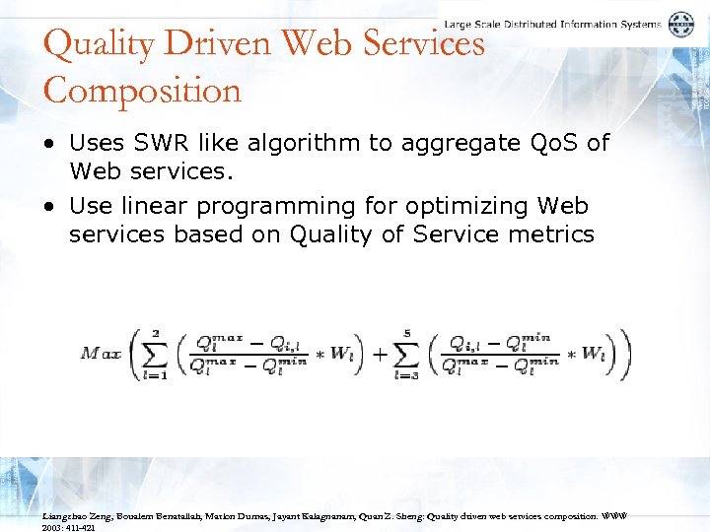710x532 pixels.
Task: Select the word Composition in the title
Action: (142, 91)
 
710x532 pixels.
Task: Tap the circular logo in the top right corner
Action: (681, 25)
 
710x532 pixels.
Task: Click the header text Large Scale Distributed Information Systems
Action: (552, 24)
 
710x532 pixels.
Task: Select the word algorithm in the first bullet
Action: (309, 144)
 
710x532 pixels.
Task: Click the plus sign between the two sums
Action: (380, 353)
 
